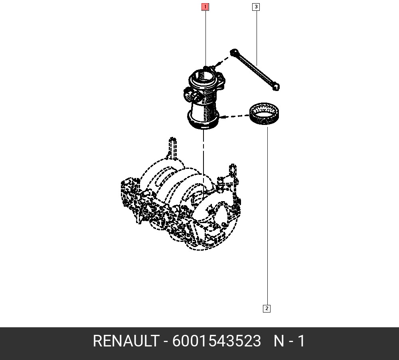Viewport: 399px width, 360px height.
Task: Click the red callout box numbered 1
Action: pyautogui.click(x=205, y=7)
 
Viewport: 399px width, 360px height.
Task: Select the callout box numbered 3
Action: pyautogui.click(x=256, y=7)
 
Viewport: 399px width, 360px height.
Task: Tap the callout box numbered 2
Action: pyautogui.click(x=267, y=309)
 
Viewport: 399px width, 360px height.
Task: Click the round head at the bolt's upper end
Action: pyautogui.click(x=234, y=52)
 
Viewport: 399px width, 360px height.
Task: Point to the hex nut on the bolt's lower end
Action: pyautogui.click(x=276, y=87)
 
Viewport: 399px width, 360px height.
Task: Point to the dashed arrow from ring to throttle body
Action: pyautogui.click(x=234, y=117)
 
